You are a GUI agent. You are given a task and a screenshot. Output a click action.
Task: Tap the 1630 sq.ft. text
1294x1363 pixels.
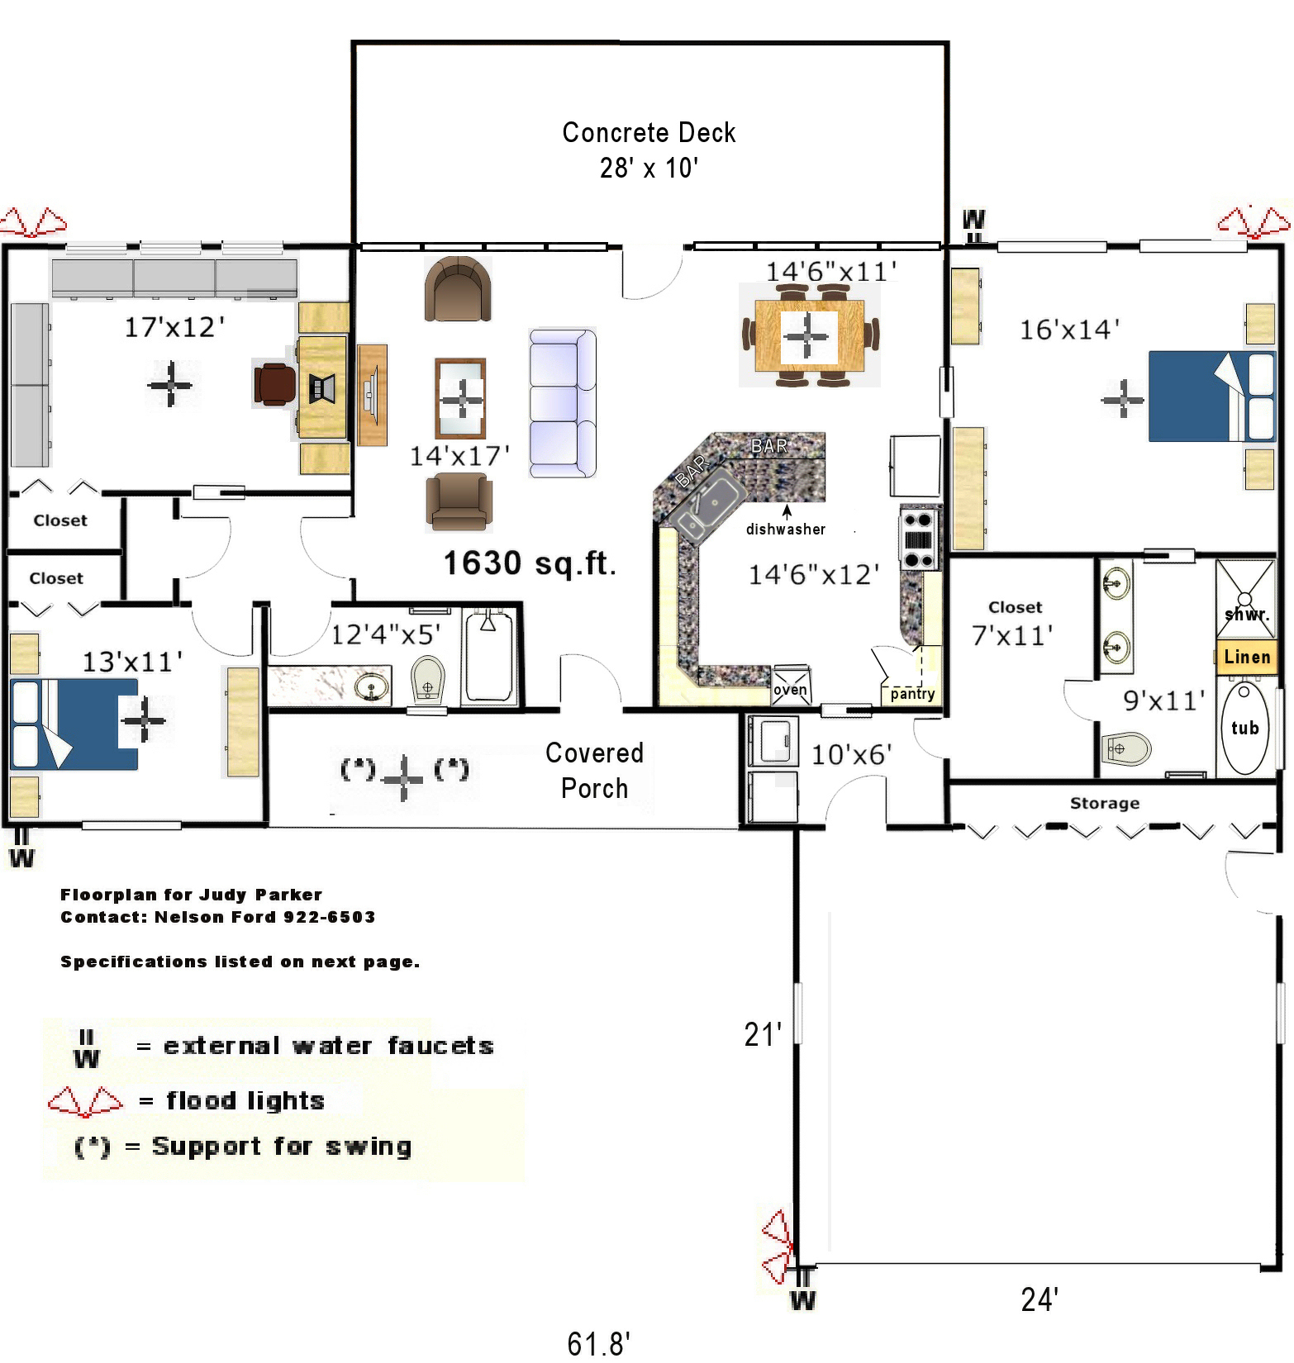530,563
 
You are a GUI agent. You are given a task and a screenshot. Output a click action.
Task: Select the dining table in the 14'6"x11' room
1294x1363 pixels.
809,335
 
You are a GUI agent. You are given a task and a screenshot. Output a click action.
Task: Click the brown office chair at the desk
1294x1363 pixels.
275,384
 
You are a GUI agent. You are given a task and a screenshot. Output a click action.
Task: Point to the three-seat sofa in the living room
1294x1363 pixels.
562,402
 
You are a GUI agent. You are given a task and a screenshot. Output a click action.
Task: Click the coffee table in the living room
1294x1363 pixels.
460,398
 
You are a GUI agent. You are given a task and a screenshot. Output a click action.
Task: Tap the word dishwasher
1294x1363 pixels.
785,530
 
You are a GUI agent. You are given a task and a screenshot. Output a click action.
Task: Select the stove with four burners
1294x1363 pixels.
919,539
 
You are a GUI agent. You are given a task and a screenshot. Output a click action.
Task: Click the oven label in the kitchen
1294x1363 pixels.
790,690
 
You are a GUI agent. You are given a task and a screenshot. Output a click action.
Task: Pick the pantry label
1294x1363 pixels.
912,694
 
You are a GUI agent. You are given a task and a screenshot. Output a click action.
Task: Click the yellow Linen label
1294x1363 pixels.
1247,657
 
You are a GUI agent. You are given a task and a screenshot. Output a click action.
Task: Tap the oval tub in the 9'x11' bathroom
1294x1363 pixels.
1244,728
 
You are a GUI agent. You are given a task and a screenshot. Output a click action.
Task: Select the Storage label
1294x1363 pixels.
1104,803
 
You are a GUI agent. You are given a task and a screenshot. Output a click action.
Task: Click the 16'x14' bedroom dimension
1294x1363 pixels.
1069,330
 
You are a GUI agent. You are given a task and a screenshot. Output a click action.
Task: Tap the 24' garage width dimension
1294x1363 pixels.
1039,1299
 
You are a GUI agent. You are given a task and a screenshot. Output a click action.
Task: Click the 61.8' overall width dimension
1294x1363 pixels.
598,1343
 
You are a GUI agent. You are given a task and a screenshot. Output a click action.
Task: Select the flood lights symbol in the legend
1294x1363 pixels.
85,1101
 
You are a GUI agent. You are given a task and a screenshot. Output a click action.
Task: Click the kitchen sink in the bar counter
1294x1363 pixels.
704,506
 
